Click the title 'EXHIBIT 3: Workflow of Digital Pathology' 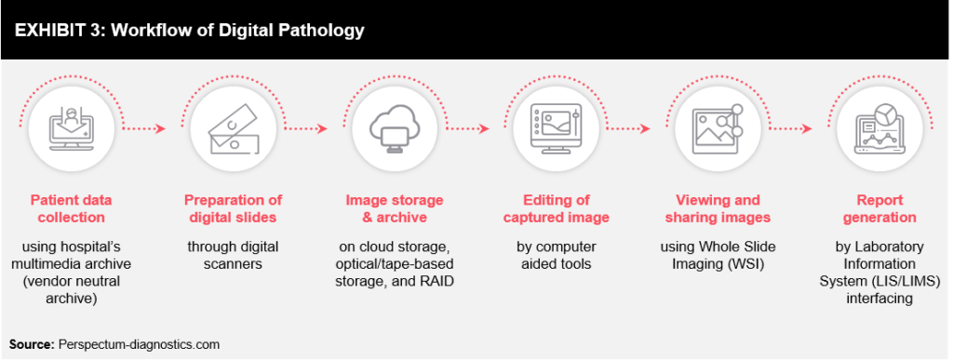[x=188, y=30]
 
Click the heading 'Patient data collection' [x=67, y=208]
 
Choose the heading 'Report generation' [x=875, y=208]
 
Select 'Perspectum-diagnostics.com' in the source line [x=141, y=343]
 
